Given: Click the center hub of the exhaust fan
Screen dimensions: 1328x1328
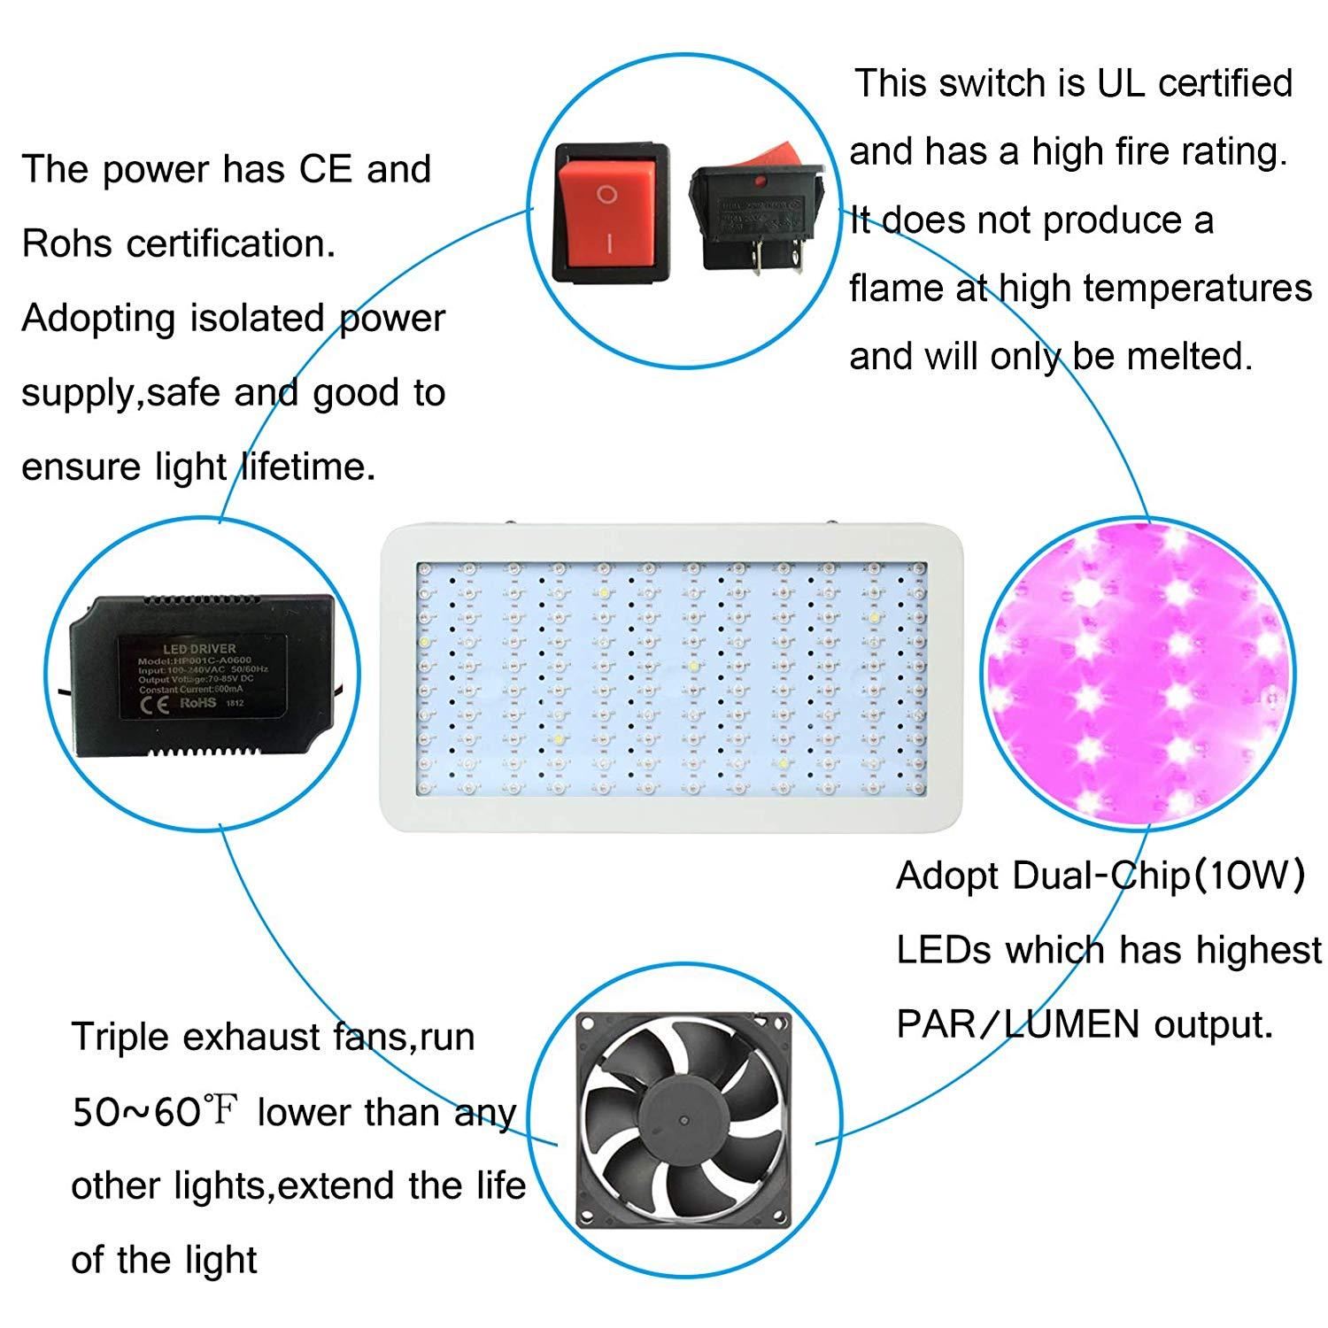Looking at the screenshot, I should (683, 1119).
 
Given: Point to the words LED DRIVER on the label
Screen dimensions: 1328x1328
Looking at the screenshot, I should (199, 648).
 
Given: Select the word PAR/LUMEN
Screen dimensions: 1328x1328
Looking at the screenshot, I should (1018, 1024).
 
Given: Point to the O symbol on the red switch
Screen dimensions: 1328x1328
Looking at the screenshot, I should (606, 195).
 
